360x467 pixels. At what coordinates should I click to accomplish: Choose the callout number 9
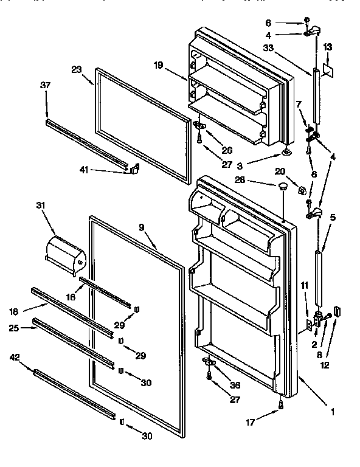coord(141,228)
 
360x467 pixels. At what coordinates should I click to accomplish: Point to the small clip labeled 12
coord(339,312)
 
